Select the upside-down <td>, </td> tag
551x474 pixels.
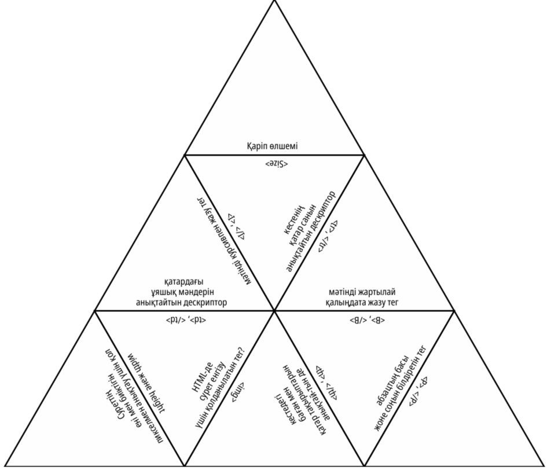click(185, 319)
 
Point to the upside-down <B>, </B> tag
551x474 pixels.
click(364, 319)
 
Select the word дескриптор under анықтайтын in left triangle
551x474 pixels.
click(204, 302)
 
